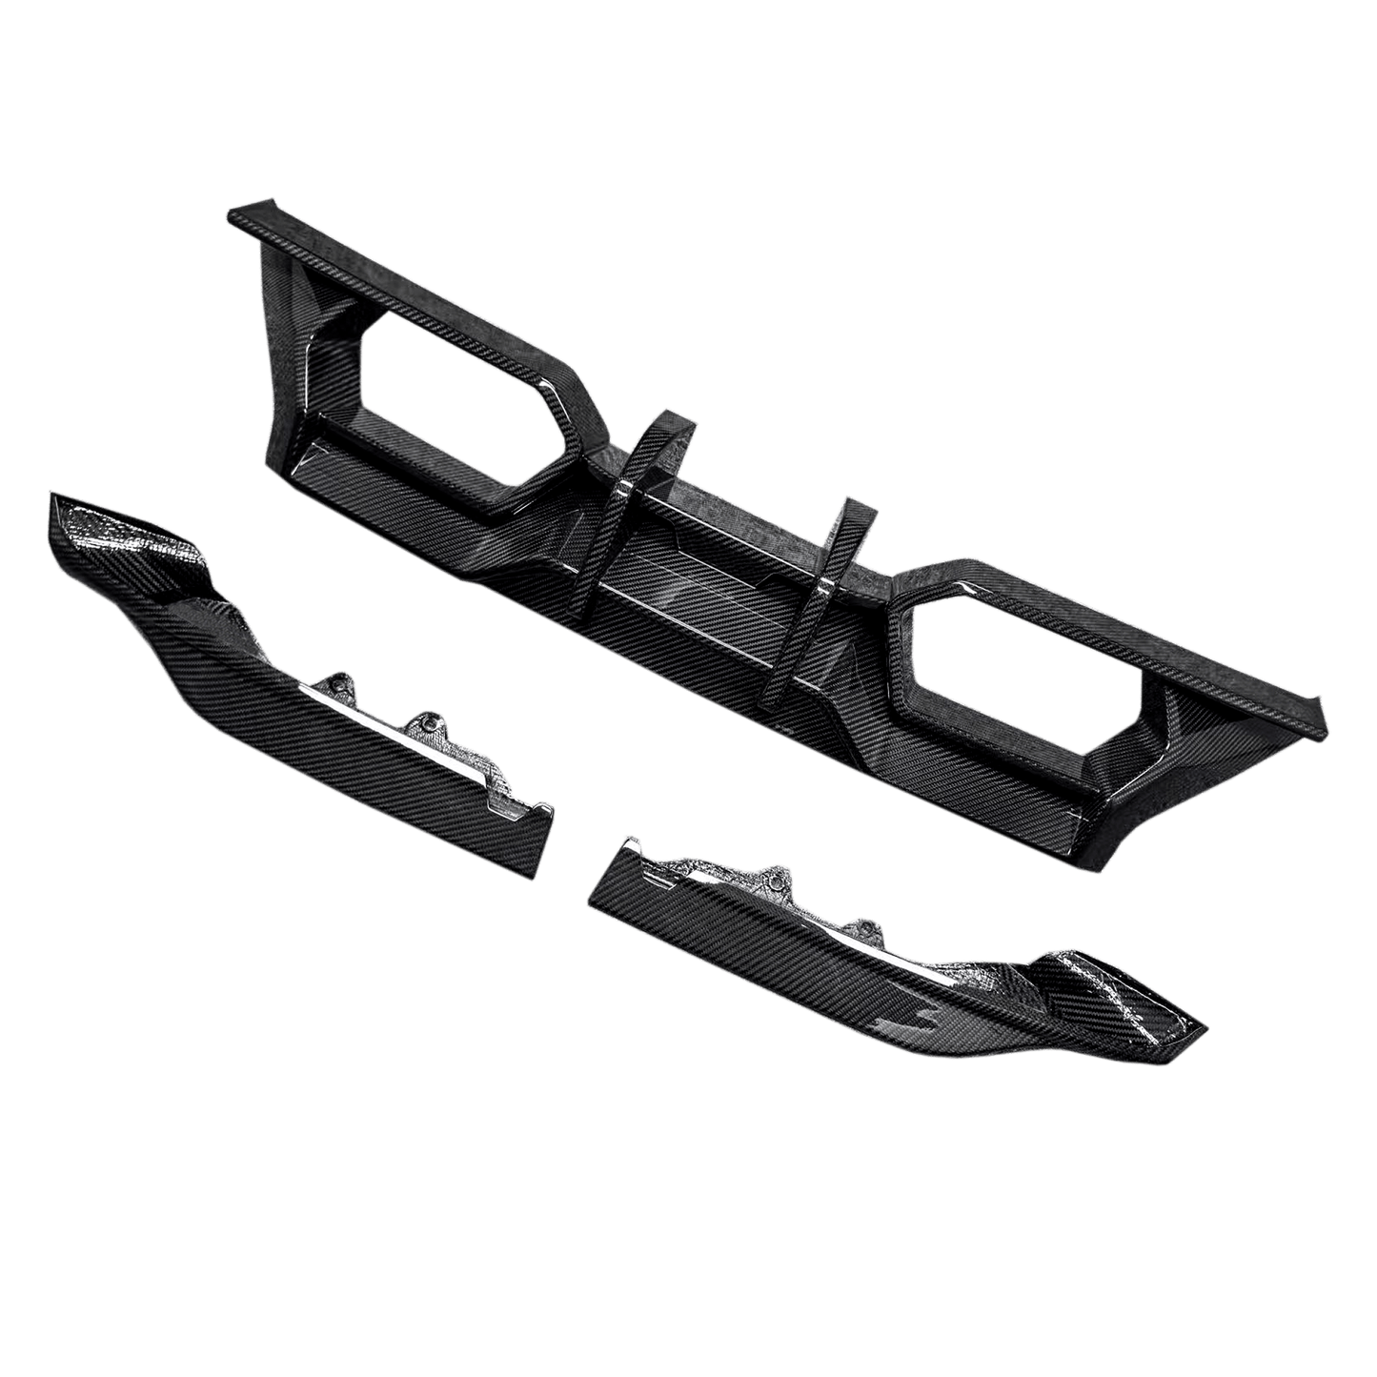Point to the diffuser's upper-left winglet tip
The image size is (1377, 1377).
[238, 213]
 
